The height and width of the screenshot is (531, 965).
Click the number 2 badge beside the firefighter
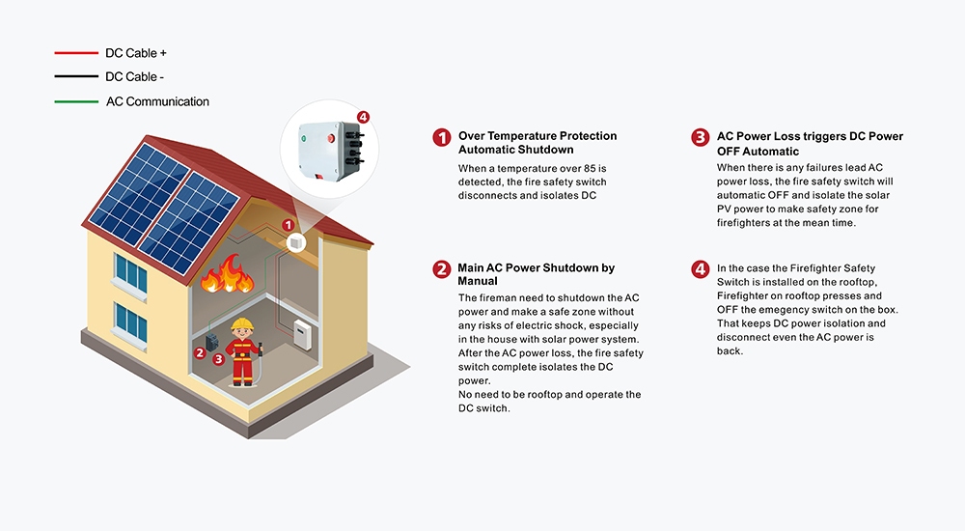point(200,352)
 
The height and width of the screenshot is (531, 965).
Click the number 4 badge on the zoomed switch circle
point(363,117)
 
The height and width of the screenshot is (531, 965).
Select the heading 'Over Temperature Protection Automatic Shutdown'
point(538,143)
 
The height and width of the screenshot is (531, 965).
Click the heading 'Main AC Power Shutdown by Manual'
point(537,274)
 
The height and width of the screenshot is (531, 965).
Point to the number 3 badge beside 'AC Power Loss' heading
point(701,138)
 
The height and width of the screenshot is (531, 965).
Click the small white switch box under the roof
point(297,241)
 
